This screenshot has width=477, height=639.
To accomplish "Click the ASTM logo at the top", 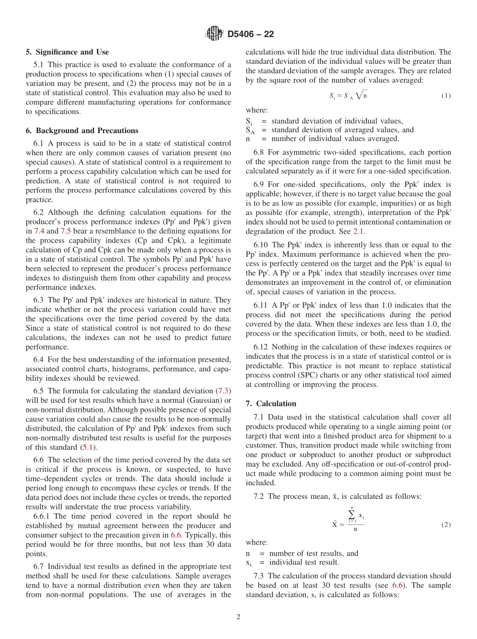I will pos(214,34).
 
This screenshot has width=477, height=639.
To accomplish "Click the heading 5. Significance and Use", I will pos(67,52).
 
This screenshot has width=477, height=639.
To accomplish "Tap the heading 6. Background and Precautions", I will pos(80,131).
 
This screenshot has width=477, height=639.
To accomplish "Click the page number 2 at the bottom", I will pos(238,617).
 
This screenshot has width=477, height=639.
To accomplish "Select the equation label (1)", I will pos(446,95).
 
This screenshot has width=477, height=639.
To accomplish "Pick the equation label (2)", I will pos(446,524).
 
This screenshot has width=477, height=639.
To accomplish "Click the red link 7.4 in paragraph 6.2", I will pos(39,231).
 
